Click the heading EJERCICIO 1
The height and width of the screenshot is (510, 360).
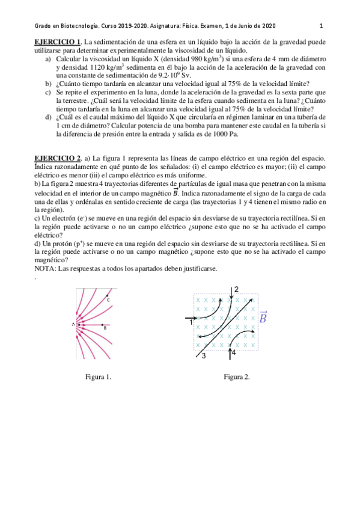pyautogui.click(x=57, y=41)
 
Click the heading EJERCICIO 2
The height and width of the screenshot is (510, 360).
pyautogui.click(x=57, y=158)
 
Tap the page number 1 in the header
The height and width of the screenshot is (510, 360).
pyautogui.click(x=322, y=26)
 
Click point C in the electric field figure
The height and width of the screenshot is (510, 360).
pyautogui.click(x=108, y=299)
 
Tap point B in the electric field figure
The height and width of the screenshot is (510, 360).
pyautogui.click(x=105, y=328)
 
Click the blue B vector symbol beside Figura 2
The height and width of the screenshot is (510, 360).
pyautogui.click(x=263, y=317)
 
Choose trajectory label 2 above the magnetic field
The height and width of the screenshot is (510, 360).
pyautogui.click(x=236, y=290)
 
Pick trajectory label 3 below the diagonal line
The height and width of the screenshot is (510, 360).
pyautogui.click(x=204, y=356)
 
